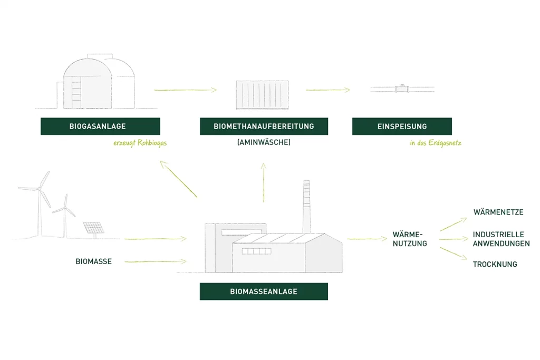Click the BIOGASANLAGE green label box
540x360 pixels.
click(x=100, y=127)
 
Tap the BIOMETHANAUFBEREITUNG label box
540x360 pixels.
click(x=264, y=127)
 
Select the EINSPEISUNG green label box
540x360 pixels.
click(x=402, y=127)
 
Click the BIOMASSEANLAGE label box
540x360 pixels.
click(x=264, y=291)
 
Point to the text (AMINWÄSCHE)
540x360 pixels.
click(x=264, y=142)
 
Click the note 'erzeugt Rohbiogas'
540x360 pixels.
click(x=140, y=143)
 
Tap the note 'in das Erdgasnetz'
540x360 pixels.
click(x=435, y=143)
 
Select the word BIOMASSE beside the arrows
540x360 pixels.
click(x=93, y=261)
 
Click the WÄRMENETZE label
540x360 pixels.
click(x=498, y=212)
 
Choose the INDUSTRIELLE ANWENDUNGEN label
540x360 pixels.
click(x=501, y=239)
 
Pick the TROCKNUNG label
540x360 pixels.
click(x=495, y=264)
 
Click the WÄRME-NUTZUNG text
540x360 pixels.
click(x=410, y=239)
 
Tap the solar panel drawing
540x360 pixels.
click(x=93, y=228)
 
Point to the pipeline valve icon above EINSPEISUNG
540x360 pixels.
click(x=402, y=89)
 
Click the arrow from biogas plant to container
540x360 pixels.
click(x=185, y=90)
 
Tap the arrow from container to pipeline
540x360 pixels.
click(x=327, y=90)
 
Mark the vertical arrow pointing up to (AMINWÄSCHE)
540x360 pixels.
click(x=263, y=182)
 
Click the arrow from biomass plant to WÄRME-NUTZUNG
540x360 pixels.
click(x=367, y=239)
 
